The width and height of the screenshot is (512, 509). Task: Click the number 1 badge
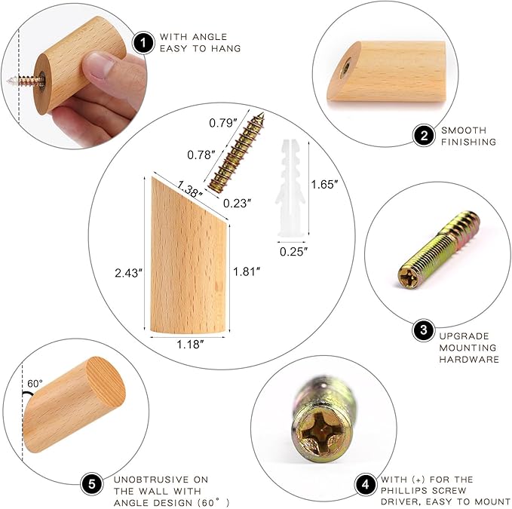(143, 43)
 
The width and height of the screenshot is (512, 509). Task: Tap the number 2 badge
(424, 135)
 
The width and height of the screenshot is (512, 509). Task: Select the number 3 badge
(424, 330)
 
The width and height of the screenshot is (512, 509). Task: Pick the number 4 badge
(366, 485)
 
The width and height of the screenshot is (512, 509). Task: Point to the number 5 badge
(92, 484)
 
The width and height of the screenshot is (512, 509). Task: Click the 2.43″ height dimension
(129, 273)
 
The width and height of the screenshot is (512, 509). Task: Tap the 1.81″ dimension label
(247, 271)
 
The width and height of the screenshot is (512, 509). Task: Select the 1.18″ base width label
(190, 344)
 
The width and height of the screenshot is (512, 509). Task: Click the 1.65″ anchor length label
(324, 185)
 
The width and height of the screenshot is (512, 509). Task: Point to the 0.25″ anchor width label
(294, 251)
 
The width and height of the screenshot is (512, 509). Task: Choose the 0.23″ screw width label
(237, 203)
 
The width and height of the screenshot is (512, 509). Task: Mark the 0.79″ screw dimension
(223, 123)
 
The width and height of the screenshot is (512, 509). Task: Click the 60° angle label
(35, 383)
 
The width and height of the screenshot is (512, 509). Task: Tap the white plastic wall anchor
(290, 188)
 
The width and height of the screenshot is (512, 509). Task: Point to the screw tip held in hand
(9, 81)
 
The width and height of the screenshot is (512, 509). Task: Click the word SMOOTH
(464, 130)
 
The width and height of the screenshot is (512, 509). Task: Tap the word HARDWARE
(469, 359)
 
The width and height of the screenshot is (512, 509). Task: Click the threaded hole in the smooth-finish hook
(345, 68)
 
